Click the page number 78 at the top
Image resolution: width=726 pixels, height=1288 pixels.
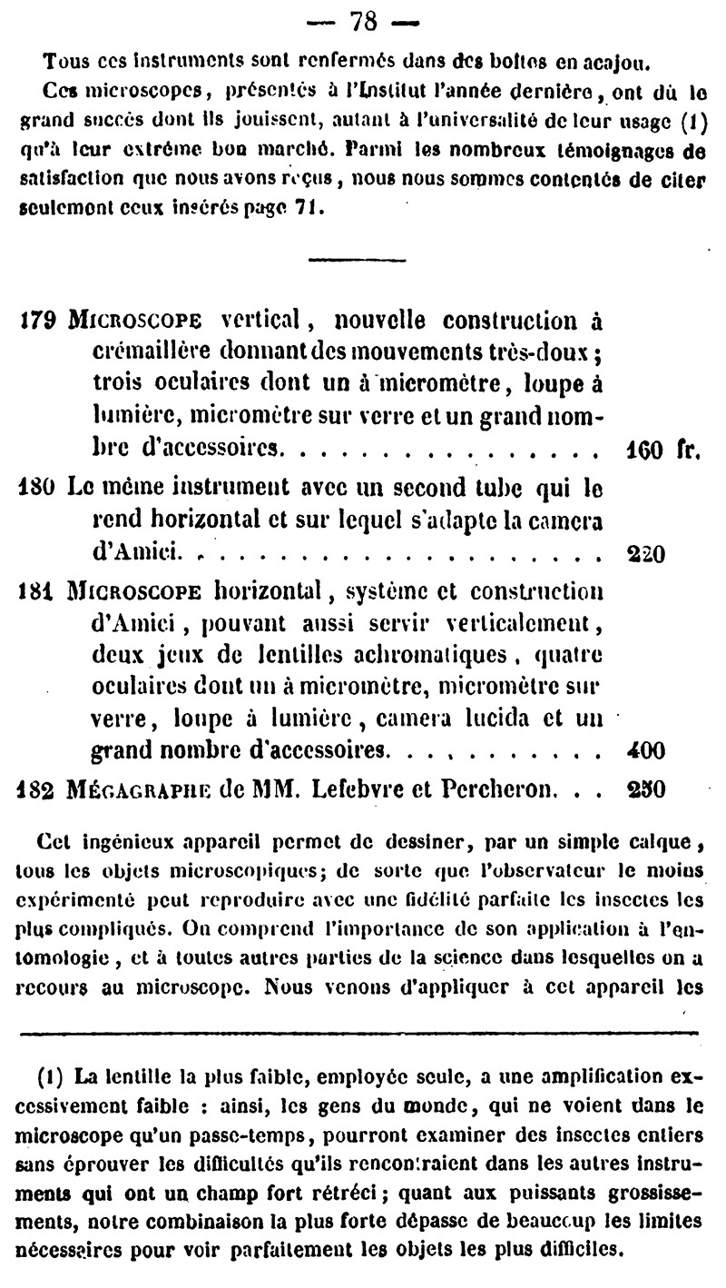tap(362, 20)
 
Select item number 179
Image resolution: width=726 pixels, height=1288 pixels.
tap(37, 322)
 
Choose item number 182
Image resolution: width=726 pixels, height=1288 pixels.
tap(37, 789)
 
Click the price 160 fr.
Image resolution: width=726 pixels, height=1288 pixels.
tap(662, 450)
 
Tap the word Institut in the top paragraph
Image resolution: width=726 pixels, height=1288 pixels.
tap(400, 92)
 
